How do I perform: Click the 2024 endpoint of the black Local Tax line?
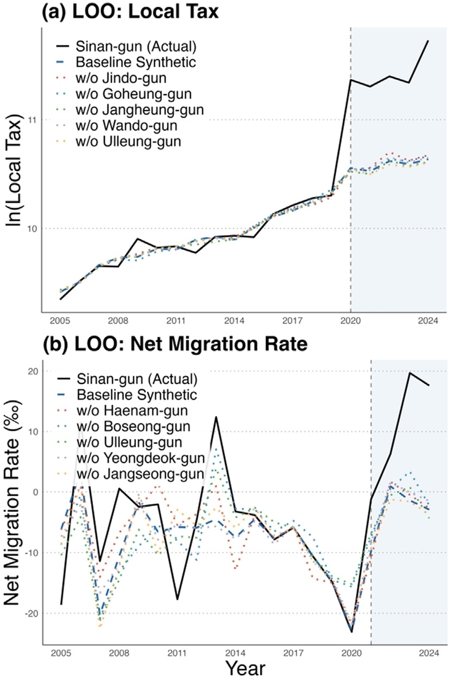point(428,41)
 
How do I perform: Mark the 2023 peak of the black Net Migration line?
point(409,372)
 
